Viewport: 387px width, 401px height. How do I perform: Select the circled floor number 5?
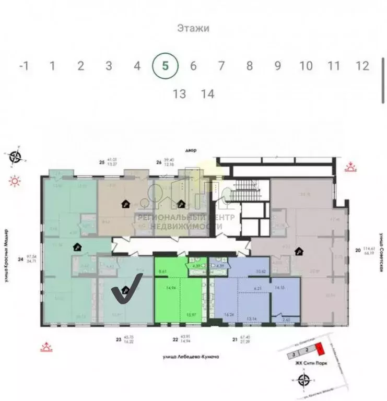point(165,66)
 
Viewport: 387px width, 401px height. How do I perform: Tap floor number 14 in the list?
point(207,94)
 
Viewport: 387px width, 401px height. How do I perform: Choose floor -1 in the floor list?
point(23,66)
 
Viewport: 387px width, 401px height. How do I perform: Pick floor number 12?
point(362,66)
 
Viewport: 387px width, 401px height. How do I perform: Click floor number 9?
point(278,66)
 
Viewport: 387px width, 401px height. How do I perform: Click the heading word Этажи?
point(193,28)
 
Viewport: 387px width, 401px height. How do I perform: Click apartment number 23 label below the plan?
point(119,340)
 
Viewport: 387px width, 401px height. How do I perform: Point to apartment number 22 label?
point(175,340)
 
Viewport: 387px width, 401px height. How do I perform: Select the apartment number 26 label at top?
point(157,162)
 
